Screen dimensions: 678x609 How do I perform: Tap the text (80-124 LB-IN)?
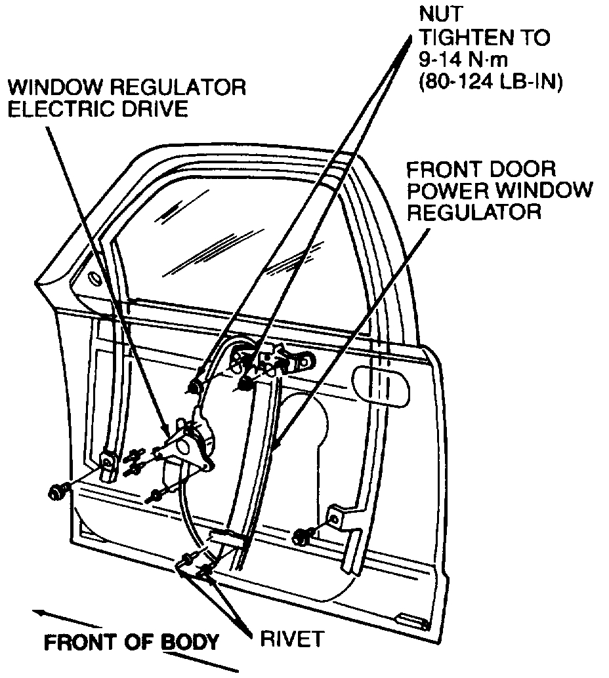[x=490, y=85]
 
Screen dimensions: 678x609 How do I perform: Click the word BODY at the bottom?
[x=190, y=642]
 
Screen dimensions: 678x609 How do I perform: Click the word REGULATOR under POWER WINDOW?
[x=473, y=212]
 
